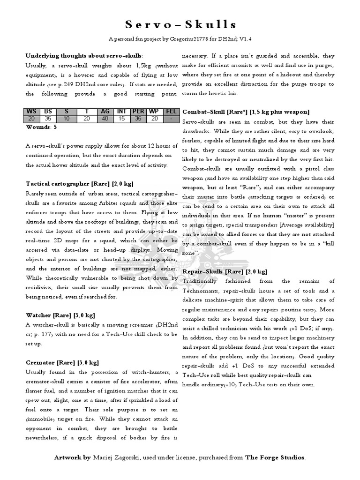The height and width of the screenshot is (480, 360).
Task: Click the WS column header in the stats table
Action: click(31, 112)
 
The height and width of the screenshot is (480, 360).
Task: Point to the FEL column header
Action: click(171, 112)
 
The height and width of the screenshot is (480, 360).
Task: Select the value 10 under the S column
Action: click(67, 119)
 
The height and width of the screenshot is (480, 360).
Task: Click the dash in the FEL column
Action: click(171, 119)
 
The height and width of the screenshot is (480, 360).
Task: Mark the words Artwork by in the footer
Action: click(72, 457)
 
